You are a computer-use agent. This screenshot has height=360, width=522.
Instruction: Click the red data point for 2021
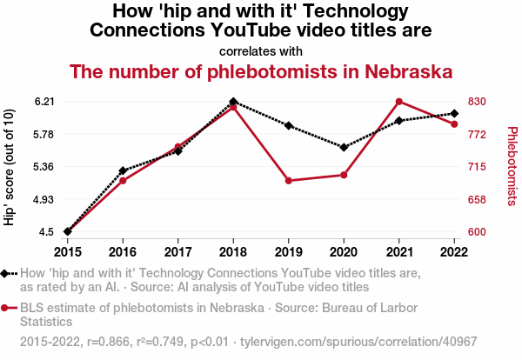pos(399,102)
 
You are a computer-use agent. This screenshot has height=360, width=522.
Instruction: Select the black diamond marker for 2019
pos(289,126)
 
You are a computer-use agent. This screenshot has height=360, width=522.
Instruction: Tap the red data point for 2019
pos(289,181)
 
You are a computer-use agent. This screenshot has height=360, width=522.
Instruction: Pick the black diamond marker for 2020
pos(344,147)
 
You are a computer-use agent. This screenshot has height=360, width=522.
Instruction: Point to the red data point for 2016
pos(123,180)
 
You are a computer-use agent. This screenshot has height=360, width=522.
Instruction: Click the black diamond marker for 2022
pos(454,114)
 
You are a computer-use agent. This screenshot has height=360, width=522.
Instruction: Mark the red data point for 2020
pos(344,175)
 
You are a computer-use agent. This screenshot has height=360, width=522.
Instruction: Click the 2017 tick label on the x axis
pos(178,251)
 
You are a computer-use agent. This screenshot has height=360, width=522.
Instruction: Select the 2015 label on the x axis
pos(68,251)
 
